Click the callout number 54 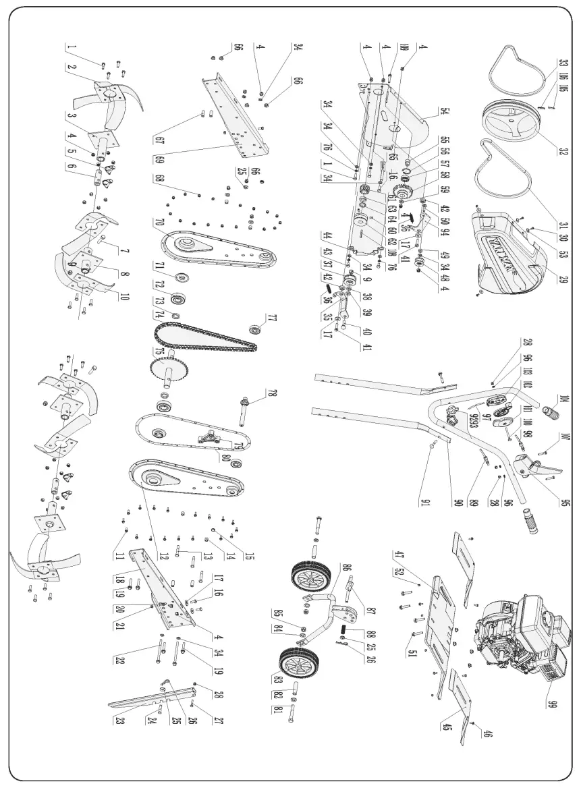tap(426, 111)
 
